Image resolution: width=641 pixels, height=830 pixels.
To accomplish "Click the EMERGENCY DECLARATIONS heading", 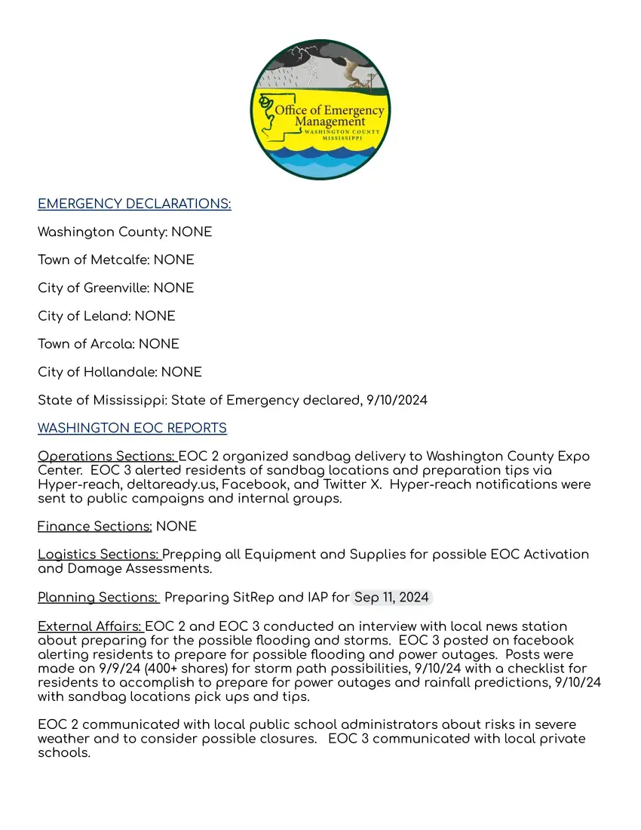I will point(134,204).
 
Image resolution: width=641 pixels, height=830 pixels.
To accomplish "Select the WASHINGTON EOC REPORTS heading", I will point(132,428).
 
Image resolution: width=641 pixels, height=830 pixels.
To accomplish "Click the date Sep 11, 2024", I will point(391,598).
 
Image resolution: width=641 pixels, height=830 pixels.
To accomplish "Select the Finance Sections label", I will point(95,526).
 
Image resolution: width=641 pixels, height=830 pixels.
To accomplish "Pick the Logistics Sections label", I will point(99,555).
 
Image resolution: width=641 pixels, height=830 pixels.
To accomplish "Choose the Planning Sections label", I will point(98,598).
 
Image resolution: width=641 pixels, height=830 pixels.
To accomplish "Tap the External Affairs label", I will point(90,626).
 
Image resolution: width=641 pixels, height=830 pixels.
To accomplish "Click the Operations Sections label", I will point(106,456).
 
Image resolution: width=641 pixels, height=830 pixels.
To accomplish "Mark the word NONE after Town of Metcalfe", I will point(173,260).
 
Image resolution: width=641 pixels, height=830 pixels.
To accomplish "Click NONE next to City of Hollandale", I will point(182,372).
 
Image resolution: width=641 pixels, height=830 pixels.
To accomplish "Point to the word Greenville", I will point(116,287).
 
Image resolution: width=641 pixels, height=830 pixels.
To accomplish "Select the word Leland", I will point(106,315).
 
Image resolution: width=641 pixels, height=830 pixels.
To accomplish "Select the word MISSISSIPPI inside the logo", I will point(342,139).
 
